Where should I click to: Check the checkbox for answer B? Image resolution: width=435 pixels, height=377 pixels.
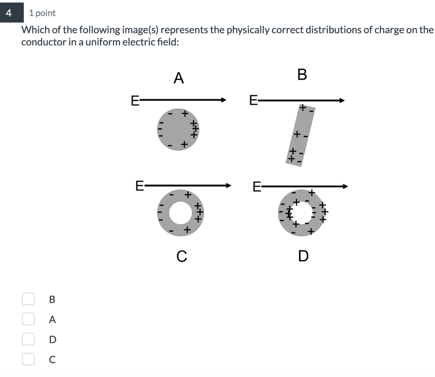point(28,299)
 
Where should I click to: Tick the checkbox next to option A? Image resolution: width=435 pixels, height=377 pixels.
point(28,319)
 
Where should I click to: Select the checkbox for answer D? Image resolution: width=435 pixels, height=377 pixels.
point(28,339)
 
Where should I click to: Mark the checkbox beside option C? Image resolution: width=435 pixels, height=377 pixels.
point(28,359)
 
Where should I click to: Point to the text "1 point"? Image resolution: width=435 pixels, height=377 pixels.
point(42,13)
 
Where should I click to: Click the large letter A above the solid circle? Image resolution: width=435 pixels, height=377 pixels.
point(179,78)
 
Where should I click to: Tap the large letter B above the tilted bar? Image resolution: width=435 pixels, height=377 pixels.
point(302,75)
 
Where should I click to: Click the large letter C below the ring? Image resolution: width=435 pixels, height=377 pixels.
point(182,256)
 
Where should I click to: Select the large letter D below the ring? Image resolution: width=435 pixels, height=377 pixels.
point(303,256)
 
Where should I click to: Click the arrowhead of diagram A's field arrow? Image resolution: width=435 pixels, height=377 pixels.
point(224,100)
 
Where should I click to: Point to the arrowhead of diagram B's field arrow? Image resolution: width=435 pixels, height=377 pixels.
point(342,100)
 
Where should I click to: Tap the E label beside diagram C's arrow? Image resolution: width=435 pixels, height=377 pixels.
point(139,186)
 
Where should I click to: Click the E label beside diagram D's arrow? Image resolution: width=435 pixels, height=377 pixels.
point(257,186)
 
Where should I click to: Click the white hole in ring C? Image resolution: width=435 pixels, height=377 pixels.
point(181,213)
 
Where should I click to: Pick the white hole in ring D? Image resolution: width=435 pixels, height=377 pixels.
point(302,213)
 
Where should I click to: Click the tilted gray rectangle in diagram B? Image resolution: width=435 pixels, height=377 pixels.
point(300,135)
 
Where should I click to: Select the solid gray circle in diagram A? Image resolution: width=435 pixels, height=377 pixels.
point(178,129)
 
